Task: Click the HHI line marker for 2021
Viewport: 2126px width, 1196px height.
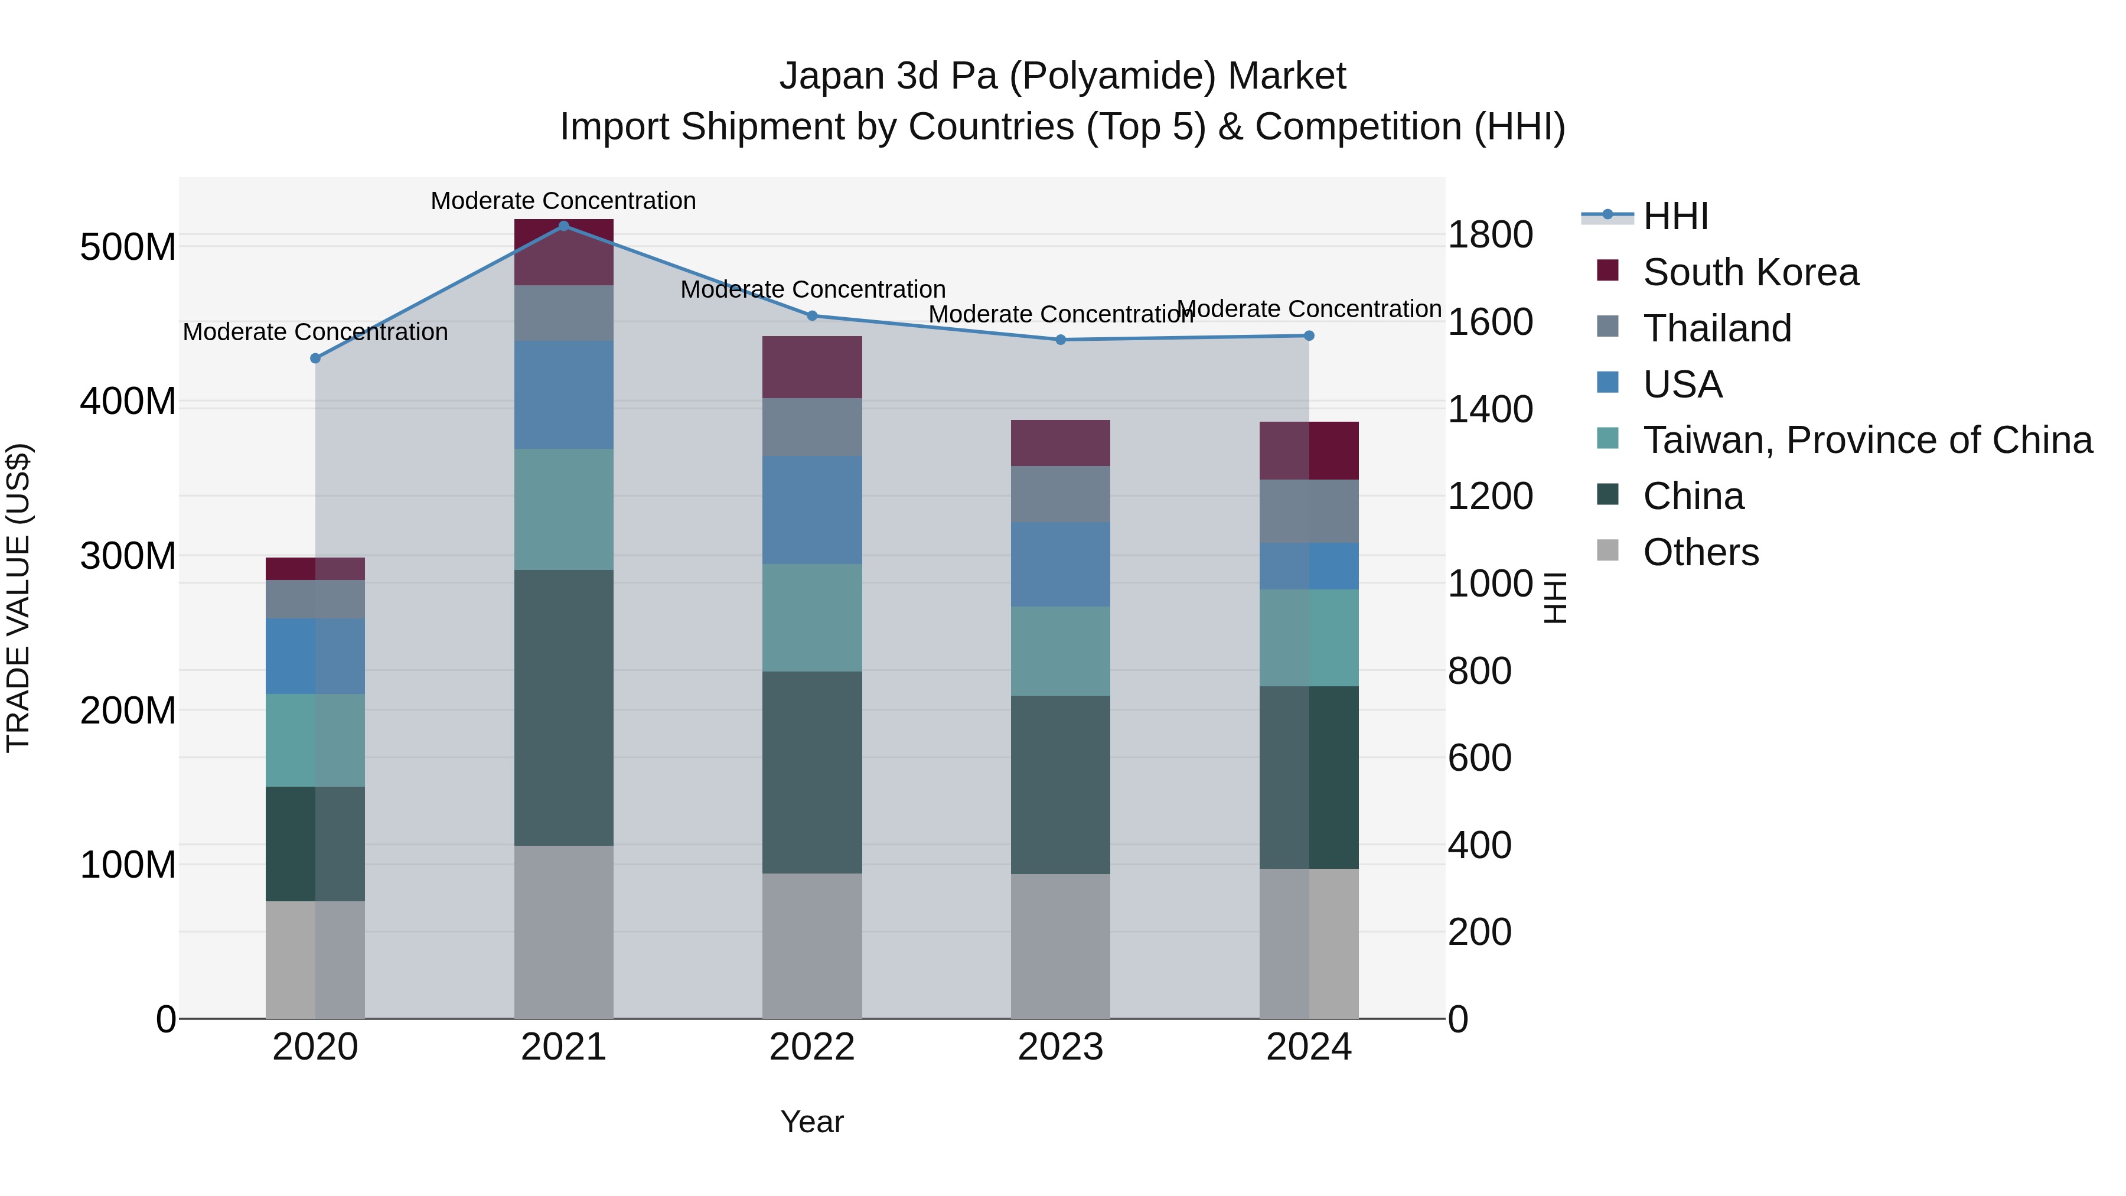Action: click(x=564, y=226)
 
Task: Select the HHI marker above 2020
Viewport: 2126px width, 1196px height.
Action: click(x=315, y=359)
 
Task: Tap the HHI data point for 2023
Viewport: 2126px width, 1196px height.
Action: click(x=1061, y=339)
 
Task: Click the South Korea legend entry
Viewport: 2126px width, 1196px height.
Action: click(x=1750, y=272)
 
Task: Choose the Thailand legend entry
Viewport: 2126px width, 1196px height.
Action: click(x=1717, y=328)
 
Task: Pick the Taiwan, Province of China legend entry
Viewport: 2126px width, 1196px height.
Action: click(x=1867, y=440)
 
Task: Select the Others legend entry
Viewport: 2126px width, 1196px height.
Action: click(x=1700, y=552)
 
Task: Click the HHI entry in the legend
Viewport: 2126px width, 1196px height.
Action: click(x=1675, y=216)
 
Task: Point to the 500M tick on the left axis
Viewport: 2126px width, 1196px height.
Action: click(x=128, y=247)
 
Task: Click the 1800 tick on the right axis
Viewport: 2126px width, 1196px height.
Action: click(x=1491, y=234)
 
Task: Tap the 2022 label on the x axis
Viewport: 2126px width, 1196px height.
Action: click(x=812, y=1047)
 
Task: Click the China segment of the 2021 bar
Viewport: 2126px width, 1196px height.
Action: click(x=564, y=708)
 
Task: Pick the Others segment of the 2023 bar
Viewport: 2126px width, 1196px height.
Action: click(x=1061, y=946)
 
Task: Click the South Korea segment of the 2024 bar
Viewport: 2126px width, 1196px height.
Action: click(x=1309, y=451)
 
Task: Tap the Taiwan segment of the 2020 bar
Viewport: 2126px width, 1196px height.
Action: click(x=315, y=741)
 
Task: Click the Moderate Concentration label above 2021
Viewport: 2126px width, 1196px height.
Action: click(x=564, y=201)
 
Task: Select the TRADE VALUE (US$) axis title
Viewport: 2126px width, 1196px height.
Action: click(x=18, y=598)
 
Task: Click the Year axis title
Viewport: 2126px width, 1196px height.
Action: click(x=812, y=1122)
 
